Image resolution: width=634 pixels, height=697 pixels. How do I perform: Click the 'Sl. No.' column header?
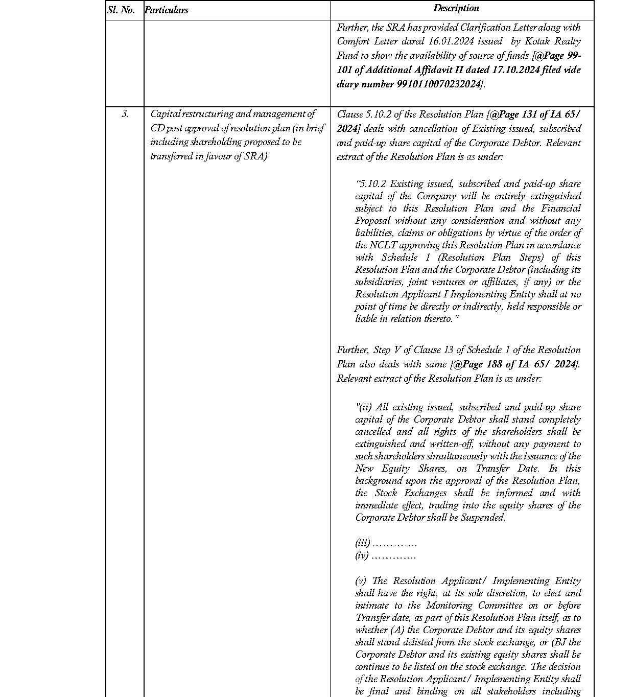(122, 10)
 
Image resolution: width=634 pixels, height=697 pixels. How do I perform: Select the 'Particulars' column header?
(167, 10)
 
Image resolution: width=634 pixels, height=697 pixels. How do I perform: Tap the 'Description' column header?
(456, 8)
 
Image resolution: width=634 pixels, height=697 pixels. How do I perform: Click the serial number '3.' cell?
(125, 114)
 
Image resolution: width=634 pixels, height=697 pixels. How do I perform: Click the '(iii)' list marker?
(362, 544)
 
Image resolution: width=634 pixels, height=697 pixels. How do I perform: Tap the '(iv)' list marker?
(362, 556)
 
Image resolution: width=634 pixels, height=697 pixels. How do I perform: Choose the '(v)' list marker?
(361, 581)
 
